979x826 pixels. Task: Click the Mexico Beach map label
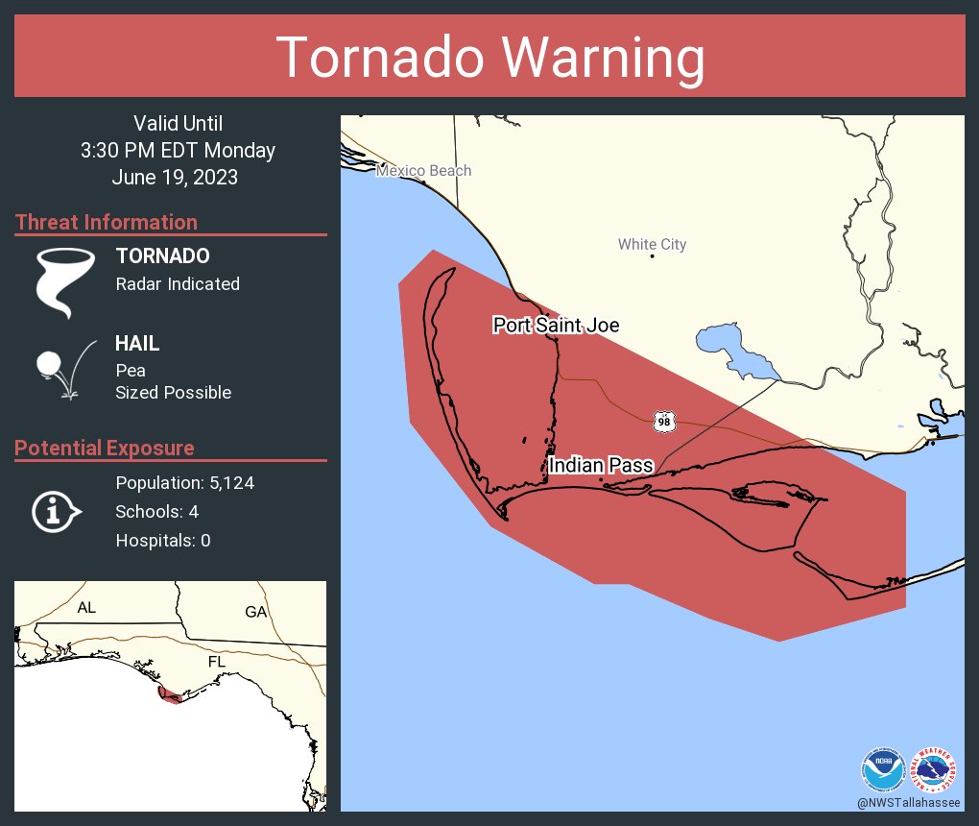tap(423, 171)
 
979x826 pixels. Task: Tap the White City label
tap(652, 244)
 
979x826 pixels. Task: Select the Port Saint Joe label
tap(556, 326)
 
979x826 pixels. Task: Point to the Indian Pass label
tap(601, 466)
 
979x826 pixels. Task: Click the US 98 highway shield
tap(664, 422)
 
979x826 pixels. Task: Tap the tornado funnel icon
tap(65, 281)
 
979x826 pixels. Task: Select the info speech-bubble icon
tap(56, 511)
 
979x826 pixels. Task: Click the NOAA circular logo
tap(883, 769)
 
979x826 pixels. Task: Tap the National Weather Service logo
tap(935, 769)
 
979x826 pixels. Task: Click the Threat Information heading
tap(107, 223)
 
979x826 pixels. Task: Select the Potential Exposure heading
tap(105, 449)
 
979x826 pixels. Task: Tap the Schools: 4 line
tap(156, 512)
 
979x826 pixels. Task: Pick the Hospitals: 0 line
tap(163, 541)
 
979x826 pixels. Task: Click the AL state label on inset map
tap(86, 608)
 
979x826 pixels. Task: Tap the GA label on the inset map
tap(255, 612)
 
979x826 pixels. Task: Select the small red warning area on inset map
tap(170, 695)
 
